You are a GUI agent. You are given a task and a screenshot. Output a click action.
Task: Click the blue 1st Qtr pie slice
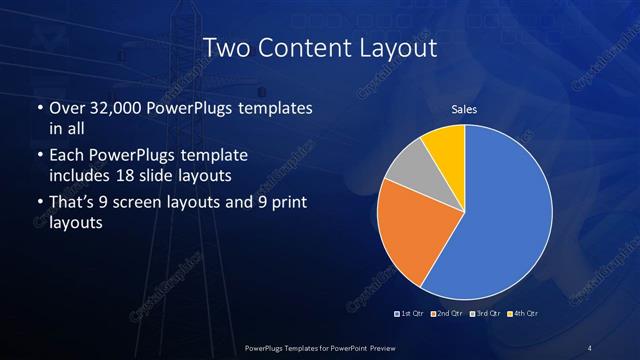tap(500, 215)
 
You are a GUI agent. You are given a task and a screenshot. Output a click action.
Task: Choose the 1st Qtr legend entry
tap(411, 313)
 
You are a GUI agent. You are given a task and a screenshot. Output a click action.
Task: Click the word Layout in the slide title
tap(393, 47)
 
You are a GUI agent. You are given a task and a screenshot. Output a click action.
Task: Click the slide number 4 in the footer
tap(590, 347)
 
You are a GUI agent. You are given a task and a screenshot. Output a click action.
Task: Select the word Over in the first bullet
tap(66, 107)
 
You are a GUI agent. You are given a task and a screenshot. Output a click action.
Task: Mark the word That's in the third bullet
tap(73, 204)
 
